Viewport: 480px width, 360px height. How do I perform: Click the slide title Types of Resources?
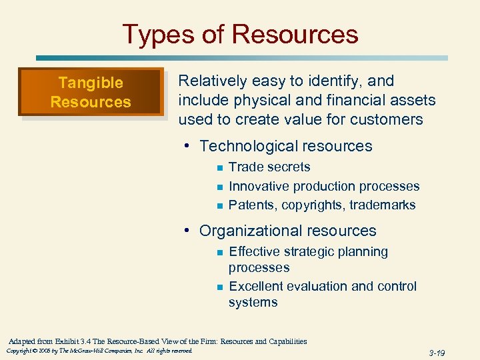pos(240,34)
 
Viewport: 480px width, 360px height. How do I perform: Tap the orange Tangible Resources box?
pos(91,92)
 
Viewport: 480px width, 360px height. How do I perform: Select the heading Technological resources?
pos(285,146)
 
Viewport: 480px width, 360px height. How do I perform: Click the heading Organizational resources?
pos(287,231)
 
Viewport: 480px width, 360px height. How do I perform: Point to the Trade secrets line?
pos(269,167)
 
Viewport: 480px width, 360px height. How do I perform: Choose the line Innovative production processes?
pos(324,186)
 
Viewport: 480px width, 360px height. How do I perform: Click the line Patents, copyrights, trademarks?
pos(322,205)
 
